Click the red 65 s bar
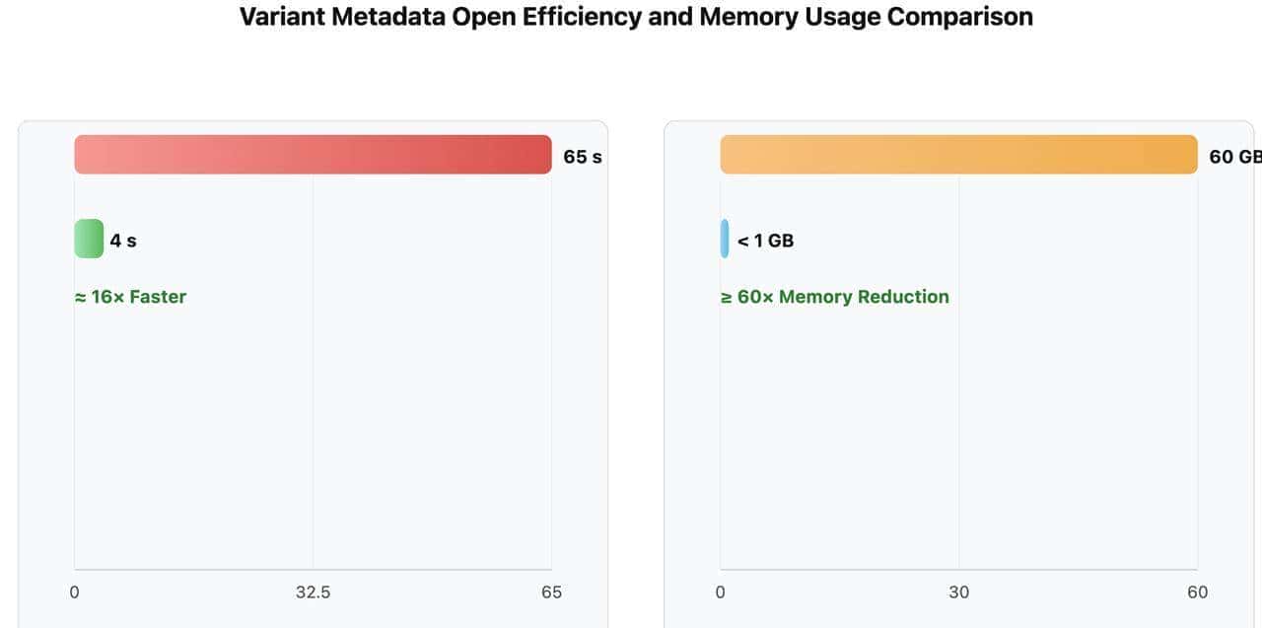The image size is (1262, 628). coord(313,155)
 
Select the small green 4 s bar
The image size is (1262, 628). coord(89,239)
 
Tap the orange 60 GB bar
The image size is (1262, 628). coord(958,155)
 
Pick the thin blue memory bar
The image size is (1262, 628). coord(725,239)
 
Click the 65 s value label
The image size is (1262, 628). coord(582,157)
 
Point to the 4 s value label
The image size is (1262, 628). coord(123,241)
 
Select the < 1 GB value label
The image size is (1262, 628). coord(765,241)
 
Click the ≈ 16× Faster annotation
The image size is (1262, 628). coord(130,297)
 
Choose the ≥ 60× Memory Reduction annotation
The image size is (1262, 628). coord(834,297)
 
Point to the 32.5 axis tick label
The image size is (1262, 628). coord(313,593)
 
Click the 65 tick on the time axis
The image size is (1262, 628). coord(551,593)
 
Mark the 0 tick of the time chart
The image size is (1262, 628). coord(74,593)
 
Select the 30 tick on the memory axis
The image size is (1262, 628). coord(958,593)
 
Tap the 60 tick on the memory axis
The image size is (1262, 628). coord(1197,593)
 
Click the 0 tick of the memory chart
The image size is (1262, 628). coord(720,593)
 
